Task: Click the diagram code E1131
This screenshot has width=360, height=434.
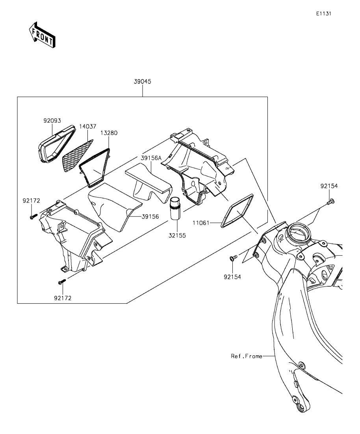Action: click(323, 13)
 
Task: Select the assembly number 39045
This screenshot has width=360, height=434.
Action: click(143, 81)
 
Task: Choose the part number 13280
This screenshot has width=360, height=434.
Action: click(108, 133)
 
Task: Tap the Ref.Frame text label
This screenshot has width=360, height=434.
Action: click(247, 356)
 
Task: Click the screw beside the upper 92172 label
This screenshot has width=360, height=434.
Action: click(33, 216)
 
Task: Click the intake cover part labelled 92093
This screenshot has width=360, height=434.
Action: click(56, 144)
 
